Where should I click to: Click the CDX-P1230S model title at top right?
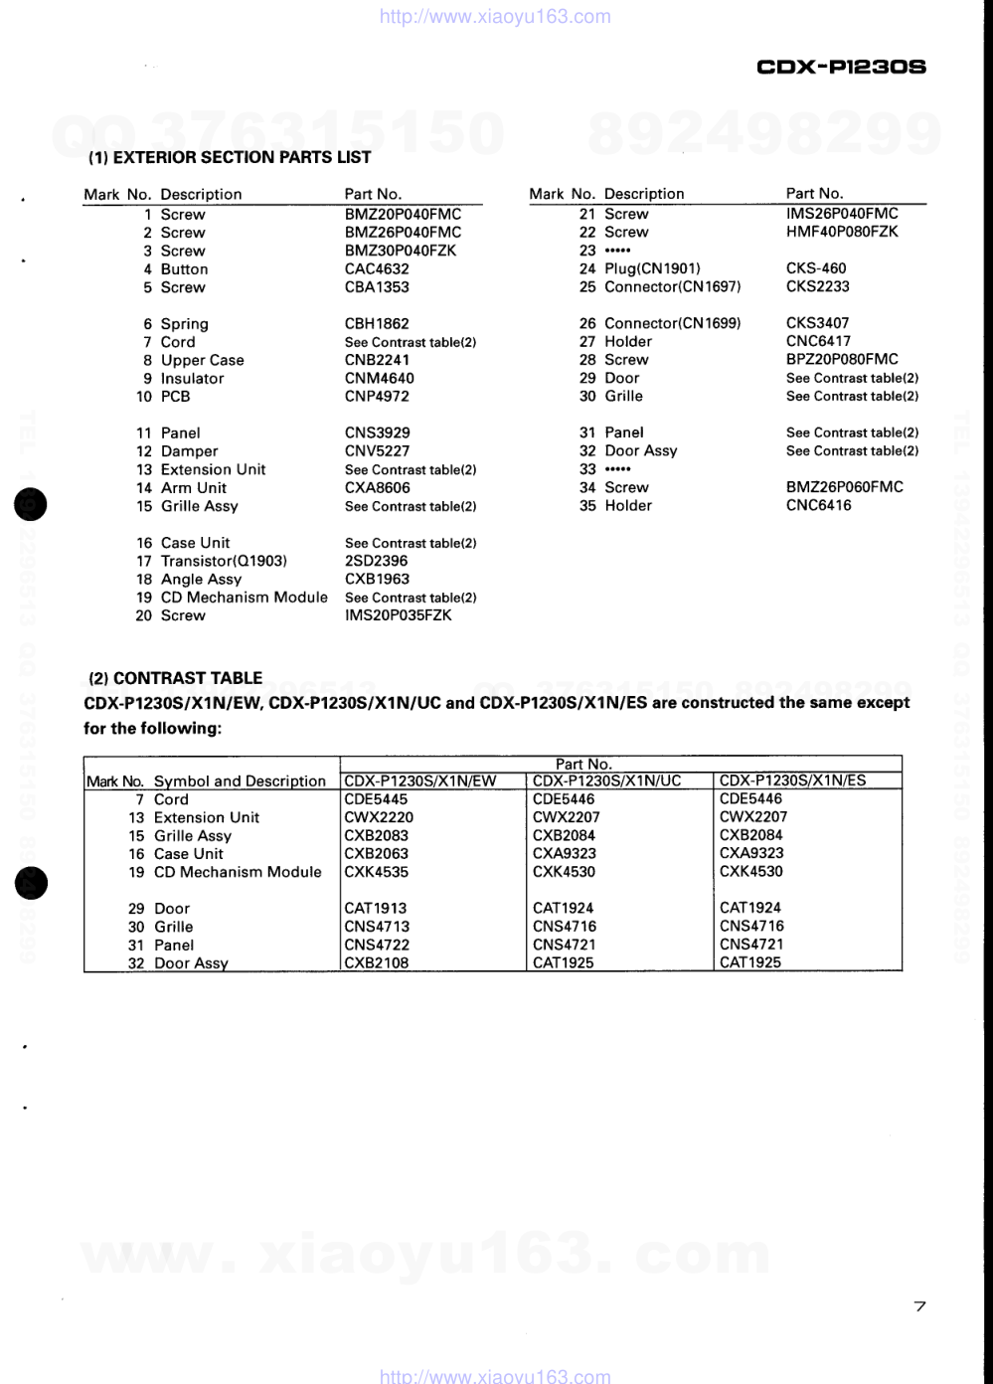841,68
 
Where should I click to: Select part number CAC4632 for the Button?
377,269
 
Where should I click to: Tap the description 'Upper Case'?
202,360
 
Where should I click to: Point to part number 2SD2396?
376,561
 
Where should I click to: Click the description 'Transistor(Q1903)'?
224,561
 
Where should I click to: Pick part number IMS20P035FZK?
398,615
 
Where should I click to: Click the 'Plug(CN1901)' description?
652,268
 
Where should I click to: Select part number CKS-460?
816,268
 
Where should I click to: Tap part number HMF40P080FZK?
842,232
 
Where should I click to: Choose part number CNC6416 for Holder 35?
818,505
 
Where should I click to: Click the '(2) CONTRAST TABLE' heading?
176,678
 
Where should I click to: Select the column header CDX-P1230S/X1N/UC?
606,780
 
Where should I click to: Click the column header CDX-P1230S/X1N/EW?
419,780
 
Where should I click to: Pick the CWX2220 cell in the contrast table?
379,817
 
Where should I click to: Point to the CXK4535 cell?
377,872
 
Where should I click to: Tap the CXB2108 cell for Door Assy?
377,962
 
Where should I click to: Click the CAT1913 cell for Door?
375,908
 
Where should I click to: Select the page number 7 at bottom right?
919,1306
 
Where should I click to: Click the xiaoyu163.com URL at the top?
496,17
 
